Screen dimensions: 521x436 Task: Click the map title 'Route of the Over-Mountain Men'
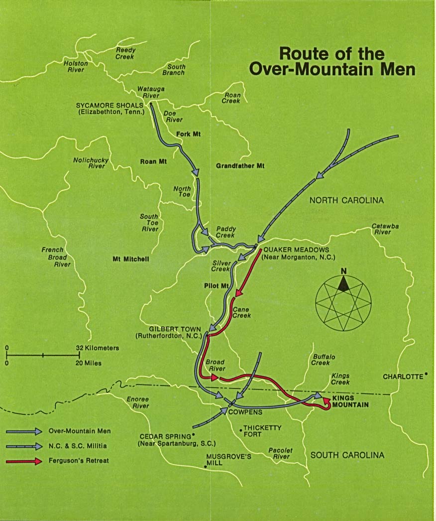point(332,61)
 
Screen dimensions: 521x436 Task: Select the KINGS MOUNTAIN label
point(350,401)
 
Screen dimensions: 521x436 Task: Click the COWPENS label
point(245,412)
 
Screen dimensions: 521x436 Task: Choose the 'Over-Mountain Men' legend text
point(80,431)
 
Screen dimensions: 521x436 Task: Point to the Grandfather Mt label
point(240,165)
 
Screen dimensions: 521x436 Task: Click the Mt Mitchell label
point(131,259)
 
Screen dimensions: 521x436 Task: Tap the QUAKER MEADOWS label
point(296,250)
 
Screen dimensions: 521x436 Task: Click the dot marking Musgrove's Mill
point(206,467)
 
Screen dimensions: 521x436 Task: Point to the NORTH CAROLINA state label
point(346,200)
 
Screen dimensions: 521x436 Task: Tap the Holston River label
point(76,67)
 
